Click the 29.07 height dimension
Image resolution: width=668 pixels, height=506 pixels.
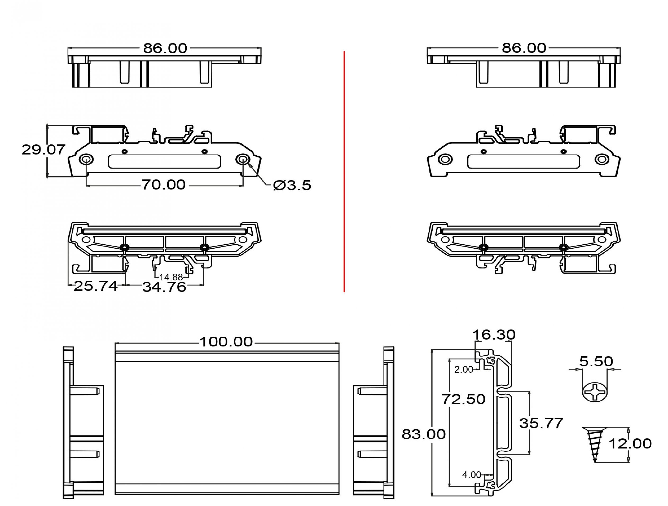point(44,150)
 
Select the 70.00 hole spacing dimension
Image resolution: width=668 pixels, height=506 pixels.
point(163,185)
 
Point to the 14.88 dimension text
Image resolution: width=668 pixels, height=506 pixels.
point(171,277)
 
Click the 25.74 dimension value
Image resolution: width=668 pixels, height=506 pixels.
point(96,286)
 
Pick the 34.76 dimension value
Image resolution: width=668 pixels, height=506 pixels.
point(164,287)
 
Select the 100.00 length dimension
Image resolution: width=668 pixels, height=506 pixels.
point(226,342)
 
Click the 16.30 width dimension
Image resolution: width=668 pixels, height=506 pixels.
point(494,334)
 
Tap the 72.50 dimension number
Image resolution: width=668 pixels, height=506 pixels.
point(464,399)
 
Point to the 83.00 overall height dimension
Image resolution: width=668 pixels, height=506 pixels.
point(424,434)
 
